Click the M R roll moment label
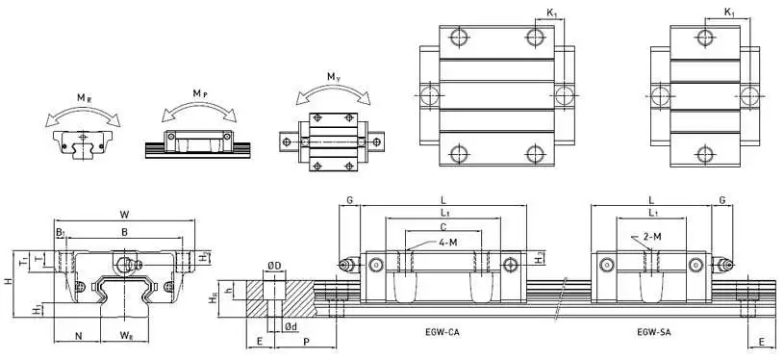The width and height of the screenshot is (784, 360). tap(84, 98)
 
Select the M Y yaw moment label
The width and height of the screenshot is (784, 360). tap(334, 77)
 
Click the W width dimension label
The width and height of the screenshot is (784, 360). tap(124, 215)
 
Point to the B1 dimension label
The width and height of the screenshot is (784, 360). tap(60, 232)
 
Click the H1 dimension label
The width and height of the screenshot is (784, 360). tap(37, 310)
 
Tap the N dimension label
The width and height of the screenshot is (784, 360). tap(78, 336)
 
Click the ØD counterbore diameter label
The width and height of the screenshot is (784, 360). tap(273, 267)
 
